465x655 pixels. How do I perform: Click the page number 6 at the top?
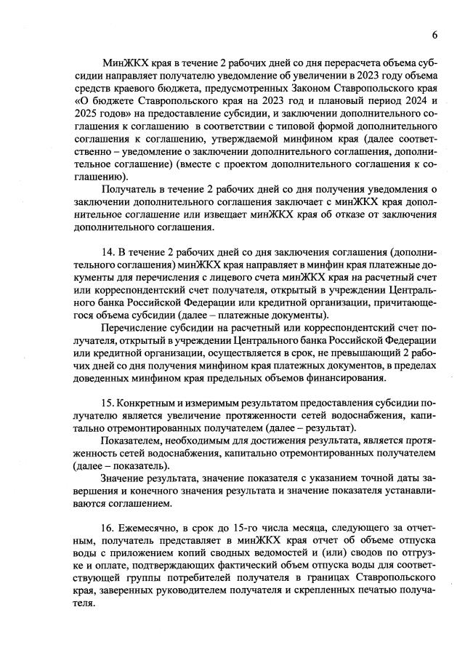(434, 34)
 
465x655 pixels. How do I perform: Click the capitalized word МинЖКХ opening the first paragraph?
(124, 63)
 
